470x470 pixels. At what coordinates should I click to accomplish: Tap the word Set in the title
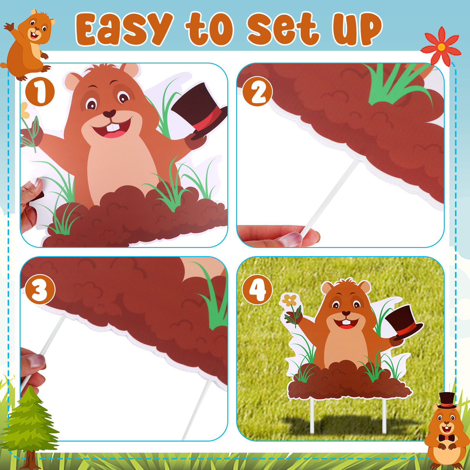pyautogui.click(x=283, y=29)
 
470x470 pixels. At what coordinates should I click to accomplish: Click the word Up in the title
pyautogui.click(x=357, y=29)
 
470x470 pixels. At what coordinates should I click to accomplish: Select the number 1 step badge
pyautogui.click(x=40, y=92)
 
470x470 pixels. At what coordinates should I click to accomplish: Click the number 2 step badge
pyautogui.click(x=258, y=91)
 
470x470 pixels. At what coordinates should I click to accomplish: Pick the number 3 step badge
pyautogui.click(x=40, y=290)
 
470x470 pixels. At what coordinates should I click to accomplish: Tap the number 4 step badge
pyautogui.click(x=257, y=290)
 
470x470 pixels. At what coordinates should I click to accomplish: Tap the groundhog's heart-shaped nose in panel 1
pyautogui.click(x=109, y=114)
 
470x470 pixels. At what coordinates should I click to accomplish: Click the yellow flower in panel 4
pyautogui.click(x=290, y=300)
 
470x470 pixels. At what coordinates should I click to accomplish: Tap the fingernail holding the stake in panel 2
pyautogui.click(x=291, y=239)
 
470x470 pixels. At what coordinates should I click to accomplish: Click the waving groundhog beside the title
pyautogui.click(x=28, y=44)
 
